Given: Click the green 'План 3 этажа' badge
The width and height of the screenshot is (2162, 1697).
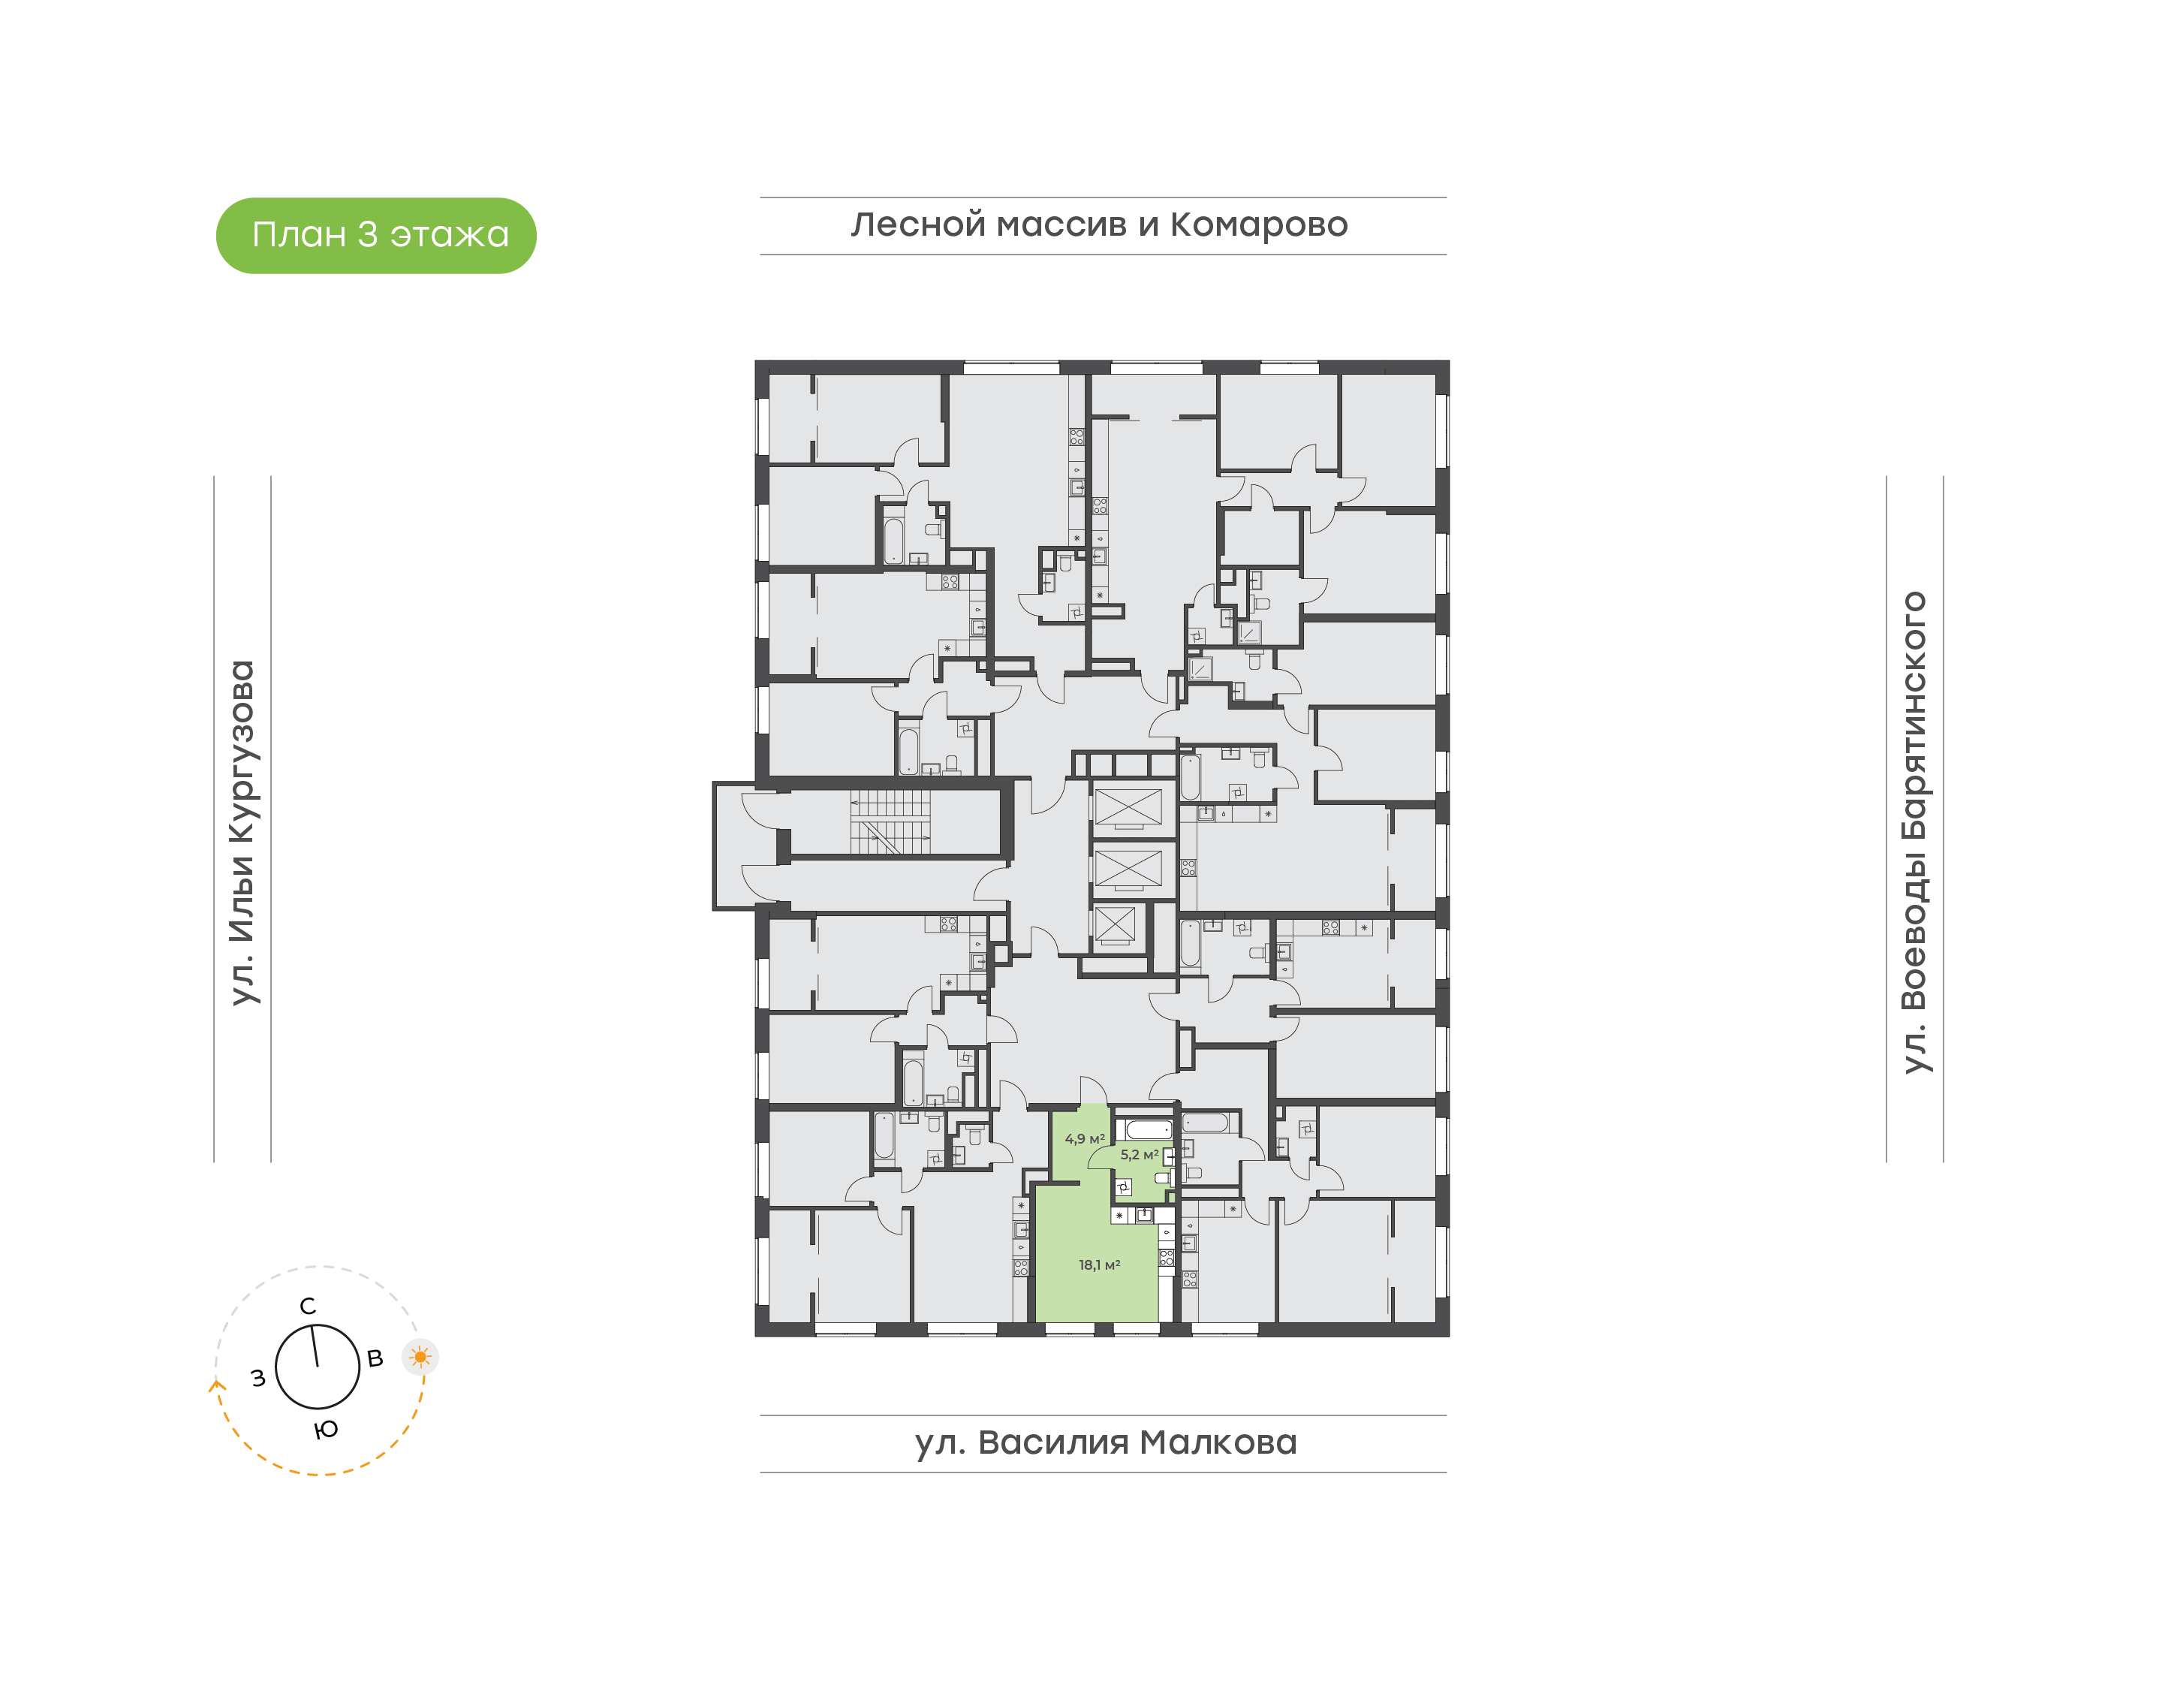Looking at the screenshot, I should tap(375, 236).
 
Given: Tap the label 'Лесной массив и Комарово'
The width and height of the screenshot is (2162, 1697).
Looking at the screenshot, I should tap(1099, 225).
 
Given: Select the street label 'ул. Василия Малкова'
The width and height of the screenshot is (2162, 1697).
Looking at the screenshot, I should tap(1105, 1442).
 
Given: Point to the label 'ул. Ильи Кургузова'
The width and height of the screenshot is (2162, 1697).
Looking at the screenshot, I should tap(242, 833).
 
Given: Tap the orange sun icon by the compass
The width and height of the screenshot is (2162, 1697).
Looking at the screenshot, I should tap(420, 1356).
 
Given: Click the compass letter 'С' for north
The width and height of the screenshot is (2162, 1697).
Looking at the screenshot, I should tap(308, 1306).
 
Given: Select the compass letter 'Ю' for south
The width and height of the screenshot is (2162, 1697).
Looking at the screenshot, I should tap(326, 1430).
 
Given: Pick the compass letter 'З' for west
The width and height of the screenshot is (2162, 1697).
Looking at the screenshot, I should tap(258, 1378).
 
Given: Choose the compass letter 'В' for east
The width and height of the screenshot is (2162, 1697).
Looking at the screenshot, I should tap(375, 1358).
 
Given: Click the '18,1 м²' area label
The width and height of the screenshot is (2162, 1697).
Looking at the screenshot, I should tap(1099, 1264).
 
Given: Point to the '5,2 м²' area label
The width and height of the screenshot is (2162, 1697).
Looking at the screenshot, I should tap(1139, 1155).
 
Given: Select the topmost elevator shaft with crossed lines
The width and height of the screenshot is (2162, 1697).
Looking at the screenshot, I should tap(1128, 806).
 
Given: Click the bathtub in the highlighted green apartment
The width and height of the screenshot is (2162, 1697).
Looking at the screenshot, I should tap(1148, 1129).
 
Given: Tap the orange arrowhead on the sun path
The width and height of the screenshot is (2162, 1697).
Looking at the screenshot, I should tap(216, 1384).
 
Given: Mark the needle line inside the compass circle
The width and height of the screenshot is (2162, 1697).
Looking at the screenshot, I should tap(315, 1346).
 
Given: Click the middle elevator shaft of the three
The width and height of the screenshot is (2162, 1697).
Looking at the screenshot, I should tap(1128, 868).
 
